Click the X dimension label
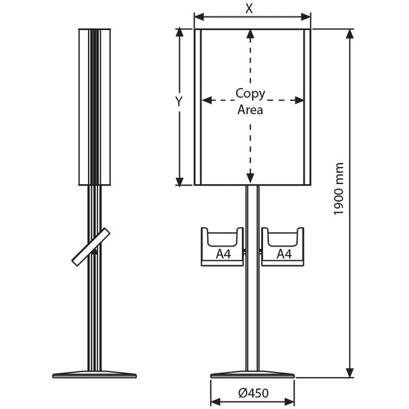point(249,9)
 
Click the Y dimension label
point(179,102)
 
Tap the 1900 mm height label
point(339,189)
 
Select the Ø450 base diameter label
point(254,393)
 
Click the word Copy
point(250,93)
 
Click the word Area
point(250,110)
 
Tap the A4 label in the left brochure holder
point(224,254)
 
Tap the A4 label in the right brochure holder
point(284,254)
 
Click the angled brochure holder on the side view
point(91,247)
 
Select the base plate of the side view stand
point(95,374)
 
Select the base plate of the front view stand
point(252,374)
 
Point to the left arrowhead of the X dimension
point(199,17)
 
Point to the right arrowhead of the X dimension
point(305,17)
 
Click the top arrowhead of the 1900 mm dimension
point(350,34)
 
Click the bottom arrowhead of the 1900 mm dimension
point(350,372)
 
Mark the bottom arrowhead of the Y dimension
point(179,181)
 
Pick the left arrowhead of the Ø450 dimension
point(215,402)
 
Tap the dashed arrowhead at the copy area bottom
point(250,179)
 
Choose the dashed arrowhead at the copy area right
point(299,100)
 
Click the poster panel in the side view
point(95,107)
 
